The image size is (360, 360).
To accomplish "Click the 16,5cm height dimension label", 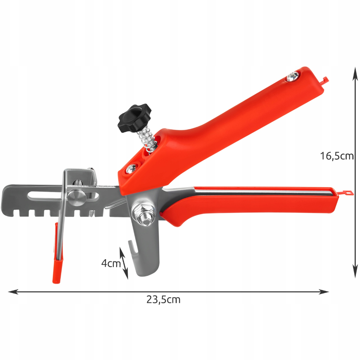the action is click(x=337, y=156).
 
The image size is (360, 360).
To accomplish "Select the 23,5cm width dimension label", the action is click(x=163, y=300).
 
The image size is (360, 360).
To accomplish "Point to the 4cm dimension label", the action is click(x=111, y=263).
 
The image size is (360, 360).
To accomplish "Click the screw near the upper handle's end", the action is click(x=293, y=76).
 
